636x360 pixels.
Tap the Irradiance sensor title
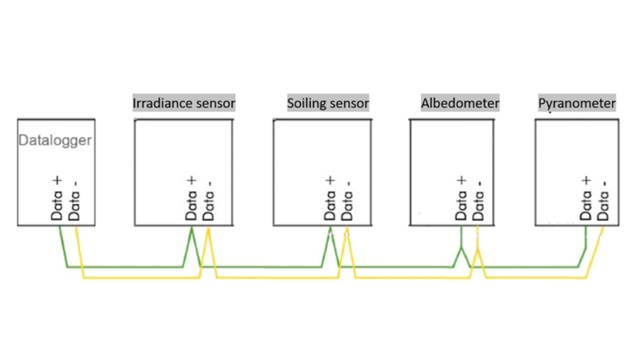(x=184, y=104)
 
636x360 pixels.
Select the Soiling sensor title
(x=328, y=104)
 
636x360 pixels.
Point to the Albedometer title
(x=459, y=104)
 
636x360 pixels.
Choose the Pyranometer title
(x=577, y=104)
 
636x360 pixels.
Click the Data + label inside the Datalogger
(x=57, y=200)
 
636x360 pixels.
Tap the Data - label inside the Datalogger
(x=74, y=200)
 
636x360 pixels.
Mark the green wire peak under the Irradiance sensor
(x=191, y=230)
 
